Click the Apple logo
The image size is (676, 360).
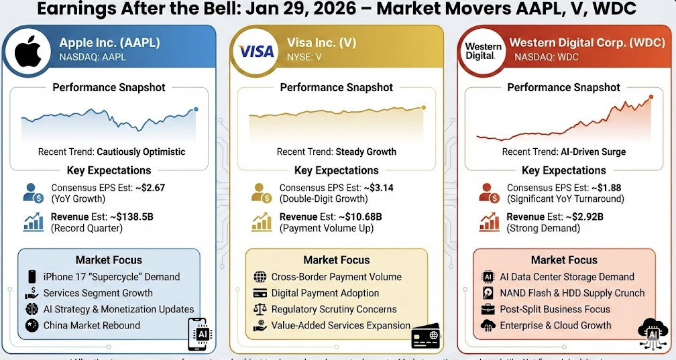tap(28, 52)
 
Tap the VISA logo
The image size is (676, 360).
tap(256, 52)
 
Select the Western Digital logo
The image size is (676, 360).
tap(483, 51)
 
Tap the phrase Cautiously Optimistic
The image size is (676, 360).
tap(141, 152)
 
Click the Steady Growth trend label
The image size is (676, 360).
tap(365, 152)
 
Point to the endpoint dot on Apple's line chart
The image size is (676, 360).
tap(196, 109)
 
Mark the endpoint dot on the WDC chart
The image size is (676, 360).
tap(650, 98)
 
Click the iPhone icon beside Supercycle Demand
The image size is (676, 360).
tap(32, 276)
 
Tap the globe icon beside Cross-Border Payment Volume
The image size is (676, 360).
tap(260, 276)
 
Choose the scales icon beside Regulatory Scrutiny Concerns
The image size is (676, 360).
tap(260, 309)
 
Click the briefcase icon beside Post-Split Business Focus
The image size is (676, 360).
tap(488, 309)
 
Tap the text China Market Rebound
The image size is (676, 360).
tap(92, 325)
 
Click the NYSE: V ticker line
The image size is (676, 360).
tap(304, 57)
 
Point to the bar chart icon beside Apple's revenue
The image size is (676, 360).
tap(34, 221)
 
